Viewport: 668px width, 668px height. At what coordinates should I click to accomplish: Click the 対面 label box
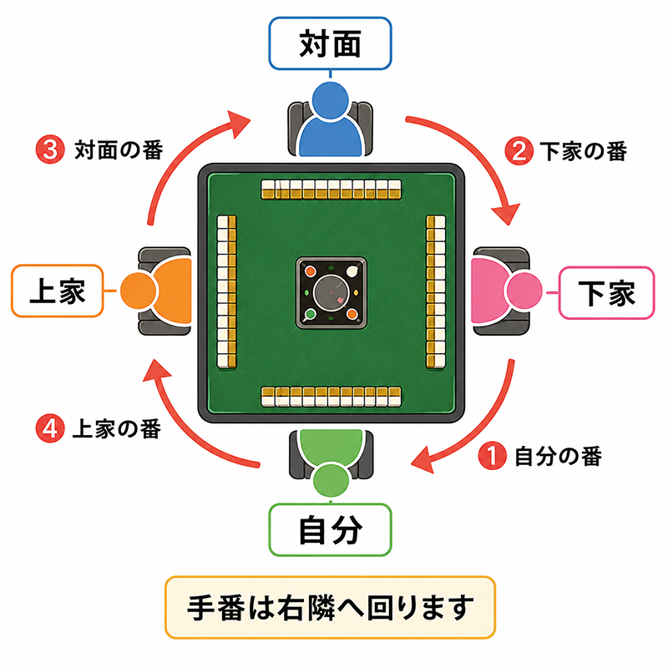tap(330, 43)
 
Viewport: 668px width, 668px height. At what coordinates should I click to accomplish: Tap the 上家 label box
tap(58, 291)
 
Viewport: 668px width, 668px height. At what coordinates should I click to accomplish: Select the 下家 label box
tap(607, 293)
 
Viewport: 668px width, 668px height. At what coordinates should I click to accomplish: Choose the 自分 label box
tap(330, 530)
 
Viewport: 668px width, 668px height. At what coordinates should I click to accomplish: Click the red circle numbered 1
tap(492, 455)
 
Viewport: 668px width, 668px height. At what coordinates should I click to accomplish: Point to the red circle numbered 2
tap(519, 151)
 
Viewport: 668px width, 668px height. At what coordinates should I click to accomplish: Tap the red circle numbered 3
tap(50, 149)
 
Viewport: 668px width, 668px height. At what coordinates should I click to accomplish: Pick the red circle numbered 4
tap(50, 428)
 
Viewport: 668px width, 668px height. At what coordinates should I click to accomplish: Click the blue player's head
tap(330, 100)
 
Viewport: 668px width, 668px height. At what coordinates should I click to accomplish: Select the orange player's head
tap(138, 291)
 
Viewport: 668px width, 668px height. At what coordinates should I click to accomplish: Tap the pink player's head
tap(524, 291)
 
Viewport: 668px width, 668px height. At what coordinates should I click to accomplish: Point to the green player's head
tap(331, 480)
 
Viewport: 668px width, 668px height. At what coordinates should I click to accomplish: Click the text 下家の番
tap(583, 151)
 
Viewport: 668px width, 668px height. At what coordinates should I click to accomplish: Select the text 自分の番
tap(558, 456)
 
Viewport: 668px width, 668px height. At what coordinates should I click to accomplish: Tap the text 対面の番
tap(119, 150)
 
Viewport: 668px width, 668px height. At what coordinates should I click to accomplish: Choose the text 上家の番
tap(117, 428)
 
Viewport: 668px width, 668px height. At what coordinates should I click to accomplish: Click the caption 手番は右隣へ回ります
tap(330, 608)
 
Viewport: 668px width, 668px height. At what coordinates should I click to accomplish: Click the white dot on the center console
tap(352, 271)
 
